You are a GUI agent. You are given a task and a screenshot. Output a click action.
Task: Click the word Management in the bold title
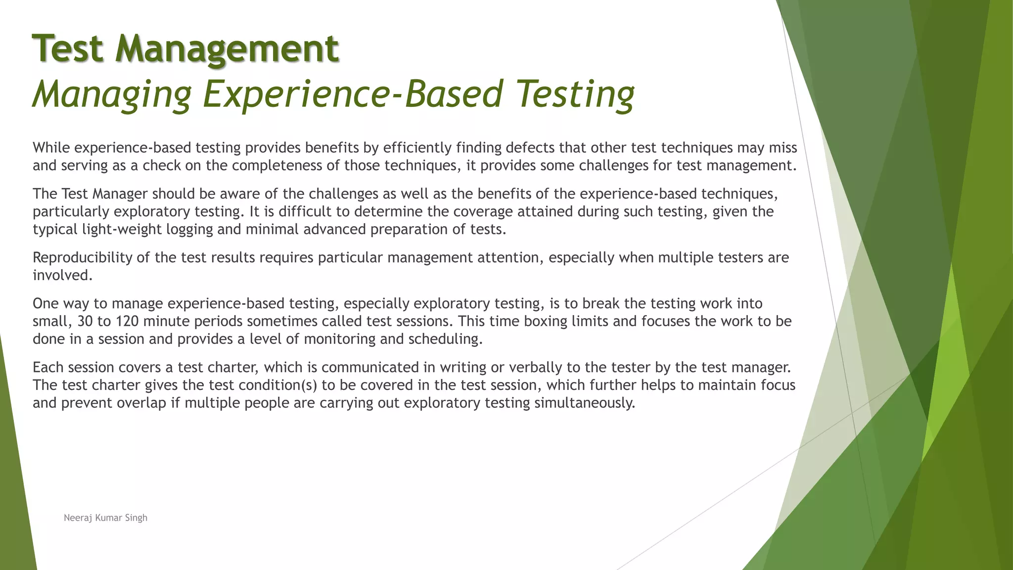(x=227, y=48)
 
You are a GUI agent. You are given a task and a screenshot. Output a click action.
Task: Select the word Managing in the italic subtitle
(x=112, y=94)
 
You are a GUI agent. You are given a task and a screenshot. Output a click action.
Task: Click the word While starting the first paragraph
(x=51, y=147)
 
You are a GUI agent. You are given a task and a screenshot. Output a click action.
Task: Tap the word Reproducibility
(x=83, y=258)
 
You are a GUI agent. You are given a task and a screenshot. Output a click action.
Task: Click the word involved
(x=62, y=276)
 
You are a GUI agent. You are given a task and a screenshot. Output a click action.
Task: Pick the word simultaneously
(x=585, y=403)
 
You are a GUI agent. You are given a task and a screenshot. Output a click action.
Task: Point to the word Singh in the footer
(x=136, y=518)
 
